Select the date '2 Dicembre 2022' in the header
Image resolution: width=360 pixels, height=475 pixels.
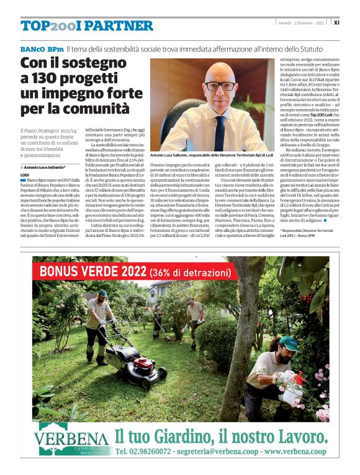coord(312,22)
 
